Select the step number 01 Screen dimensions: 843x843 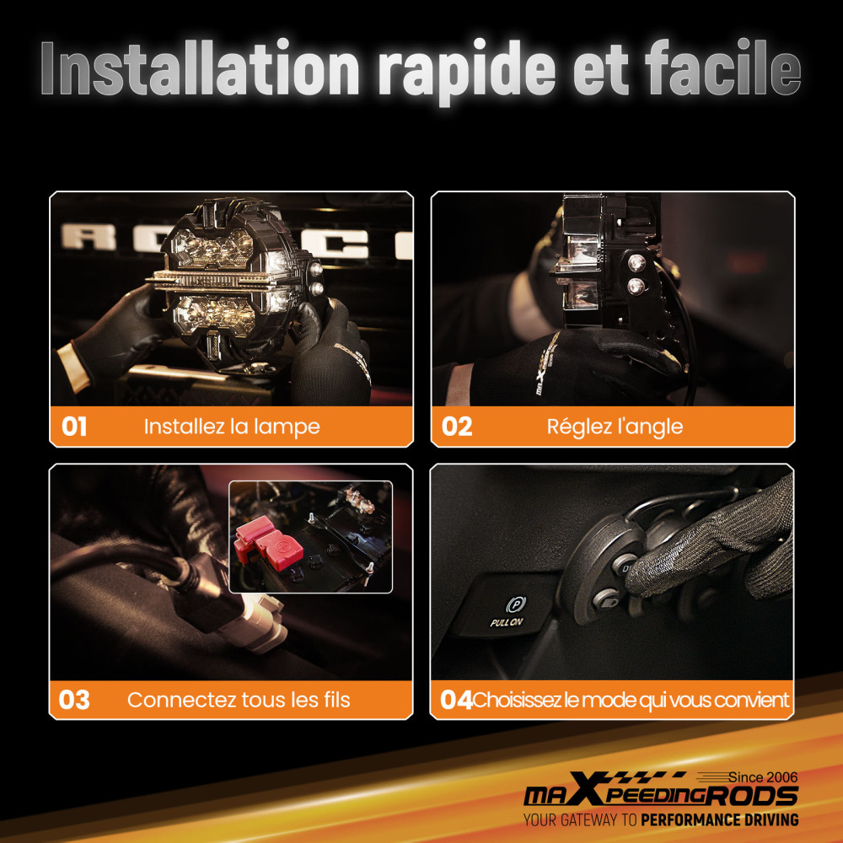click(x=74, y=427)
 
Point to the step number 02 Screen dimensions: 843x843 click(x=457, y=427)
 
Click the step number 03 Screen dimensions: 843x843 click(x=74, y=700)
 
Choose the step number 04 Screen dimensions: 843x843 click(x=456, y=700)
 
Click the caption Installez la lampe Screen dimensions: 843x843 click(x=232, y=427)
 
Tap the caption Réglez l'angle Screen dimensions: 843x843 click(x=615, y=427)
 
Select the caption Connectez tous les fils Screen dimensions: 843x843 click(x=239, y=700)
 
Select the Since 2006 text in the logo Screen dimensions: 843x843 click(x=762, y=776)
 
